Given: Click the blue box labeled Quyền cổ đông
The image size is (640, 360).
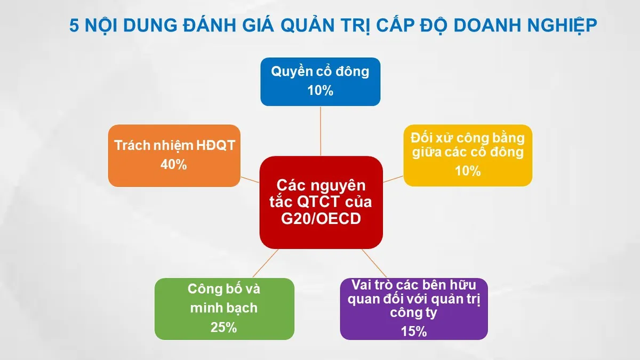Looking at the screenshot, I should click(320, 81).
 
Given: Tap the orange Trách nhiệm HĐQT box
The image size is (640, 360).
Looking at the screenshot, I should click(174, 155).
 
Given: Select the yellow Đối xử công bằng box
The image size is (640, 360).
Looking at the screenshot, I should click(467, 155).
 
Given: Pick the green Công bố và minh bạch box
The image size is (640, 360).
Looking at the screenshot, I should click(224, 308).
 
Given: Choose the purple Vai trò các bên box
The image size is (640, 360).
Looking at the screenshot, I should click(413, 308).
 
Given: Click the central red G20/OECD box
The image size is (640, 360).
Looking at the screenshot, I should click(321, 203).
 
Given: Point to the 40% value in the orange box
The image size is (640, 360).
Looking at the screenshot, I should click(174, 165).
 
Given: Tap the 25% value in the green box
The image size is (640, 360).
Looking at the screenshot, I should click(223, 327).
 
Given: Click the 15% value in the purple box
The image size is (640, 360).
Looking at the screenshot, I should click(414, 331).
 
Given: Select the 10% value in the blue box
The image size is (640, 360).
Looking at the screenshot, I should click(320, 91).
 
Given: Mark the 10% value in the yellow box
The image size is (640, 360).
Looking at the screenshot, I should click(468, 171).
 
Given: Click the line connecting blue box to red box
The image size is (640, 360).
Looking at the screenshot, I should click(321, 131).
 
